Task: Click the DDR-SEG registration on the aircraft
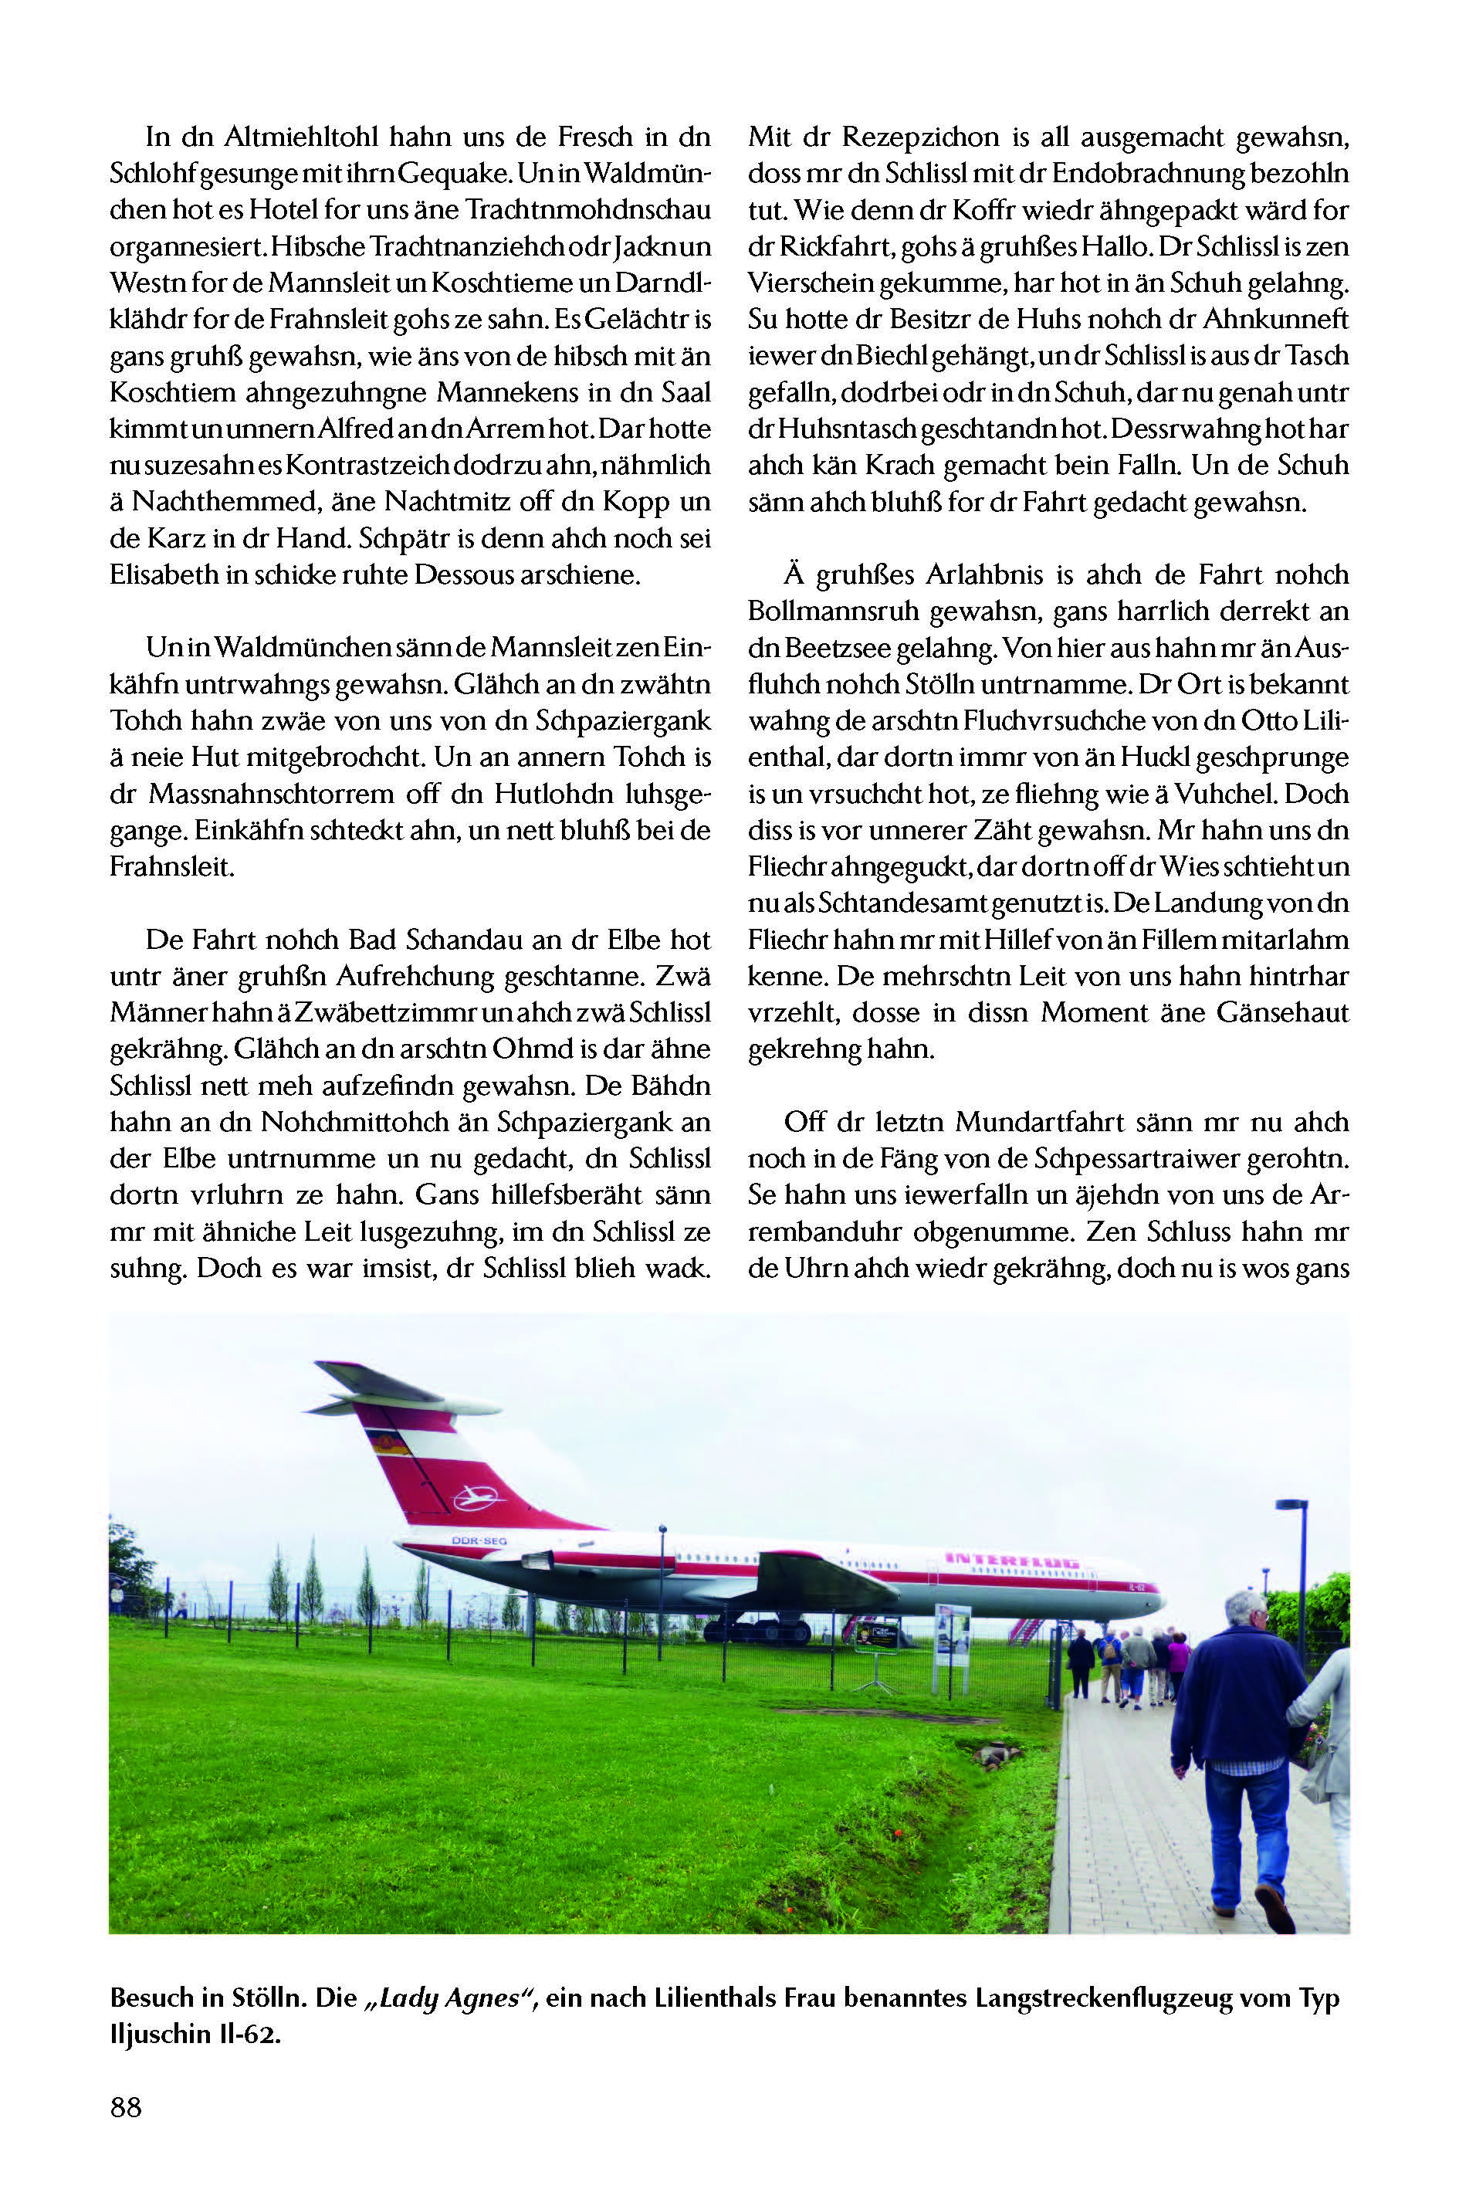coord(479,1541)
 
